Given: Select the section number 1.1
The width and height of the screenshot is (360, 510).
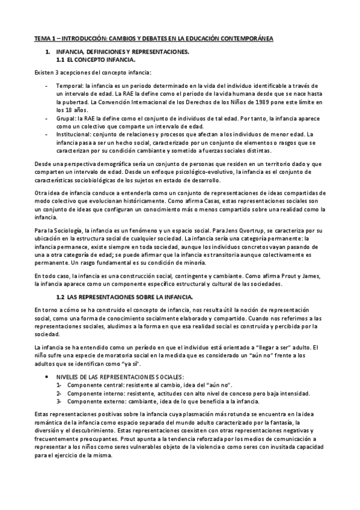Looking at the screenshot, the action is (60, 61).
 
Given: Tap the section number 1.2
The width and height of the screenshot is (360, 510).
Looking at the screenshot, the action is (60, 298).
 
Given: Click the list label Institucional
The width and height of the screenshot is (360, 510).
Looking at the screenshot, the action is (73, 135).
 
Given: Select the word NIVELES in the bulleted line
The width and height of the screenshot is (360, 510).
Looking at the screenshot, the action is (69, 376).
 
